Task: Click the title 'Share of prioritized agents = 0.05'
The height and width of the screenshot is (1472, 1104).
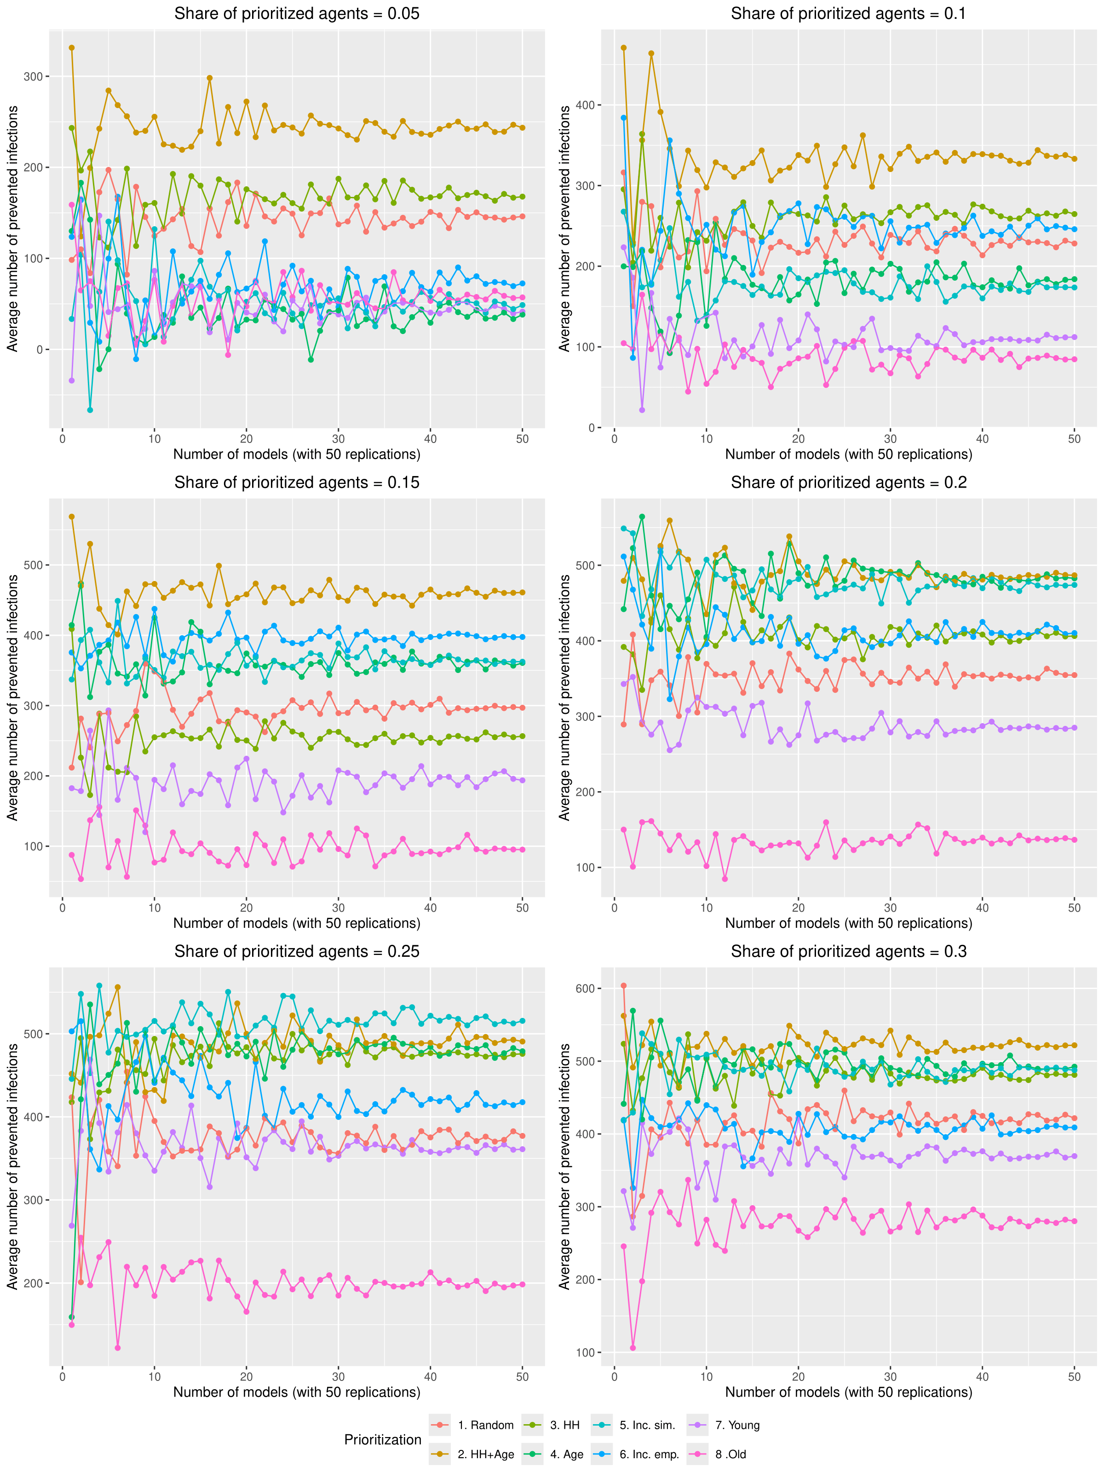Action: click(297, 14)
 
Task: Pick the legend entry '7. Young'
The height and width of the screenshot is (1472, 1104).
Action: click(736, 1425)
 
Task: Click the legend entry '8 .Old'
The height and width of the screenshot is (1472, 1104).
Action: click(730, 1454)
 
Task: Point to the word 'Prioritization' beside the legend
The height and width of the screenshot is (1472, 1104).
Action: click(383, 1439)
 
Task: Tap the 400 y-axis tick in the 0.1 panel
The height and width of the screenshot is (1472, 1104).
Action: click(585, 105)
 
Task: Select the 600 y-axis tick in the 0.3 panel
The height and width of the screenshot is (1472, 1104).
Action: click(585, 989)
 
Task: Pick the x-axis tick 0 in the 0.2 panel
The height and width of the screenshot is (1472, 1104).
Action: click(614, 908)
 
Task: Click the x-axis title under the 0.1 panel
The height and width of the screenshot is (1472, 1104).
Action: click(848, 454)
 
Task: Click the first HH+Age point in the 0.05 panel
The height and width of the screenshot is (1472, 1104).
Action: click(72, 48)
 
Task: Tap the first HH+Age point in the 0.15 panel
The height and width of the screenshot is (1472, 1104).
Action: click(72, 517)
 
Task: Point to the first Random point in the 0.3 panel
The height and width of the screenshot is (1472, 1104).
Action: click(624, 985)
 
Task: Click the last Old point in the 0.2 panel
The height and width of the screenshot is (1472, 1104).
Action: click(1074, 840)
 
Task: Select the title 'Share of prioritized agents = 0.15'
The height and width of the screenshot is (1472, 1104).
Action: click(297, 483)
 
